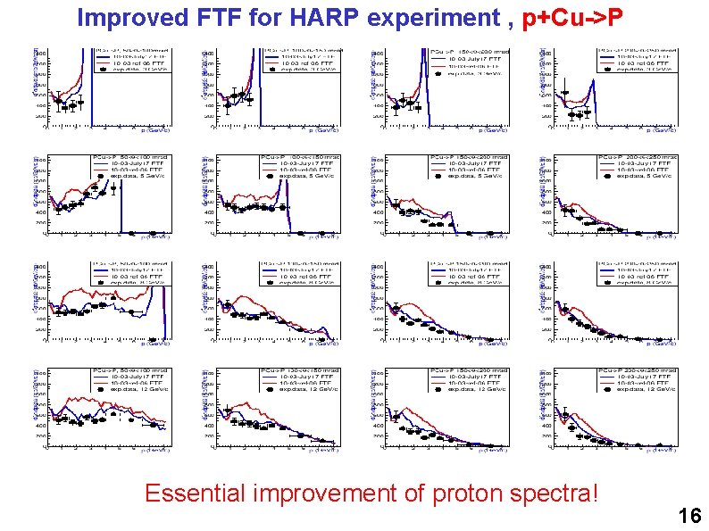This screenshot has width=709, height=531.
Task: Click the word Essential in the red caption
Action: [x=195, y=492]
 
